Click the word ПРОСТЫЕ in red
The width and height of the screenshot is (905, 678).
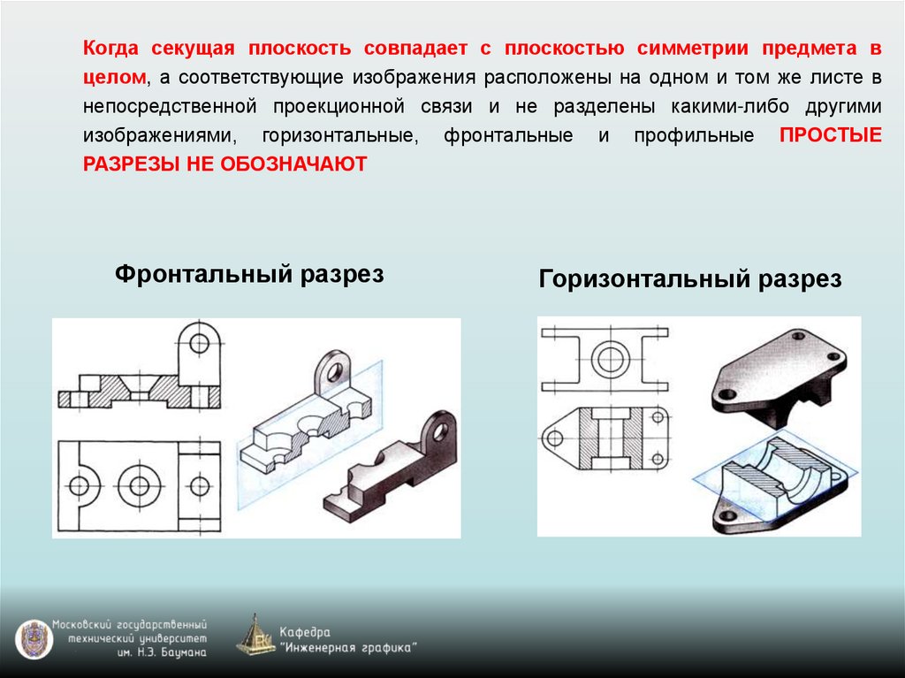click(831, 136)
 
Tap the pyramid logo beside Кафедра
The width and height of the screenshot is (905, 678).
click(255, 636)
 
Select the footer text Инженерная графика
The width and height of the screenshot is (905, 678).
click(349, 647)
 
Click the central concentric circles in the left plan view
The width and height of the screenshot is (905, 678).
click(139, 484)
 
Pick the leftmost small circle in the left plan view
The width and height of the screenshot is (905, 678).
click(79, 485)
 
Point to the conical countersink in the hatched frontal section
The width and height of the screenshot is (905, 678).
click(142, 386)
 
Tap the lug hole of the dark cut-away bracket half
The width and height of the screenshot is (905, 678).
click(437, 430)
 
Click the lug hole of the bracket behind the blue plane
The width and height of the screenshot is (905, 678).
click(333, 369)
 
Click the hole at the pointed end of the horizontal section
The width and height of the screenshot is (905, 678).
click(557, 437)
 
